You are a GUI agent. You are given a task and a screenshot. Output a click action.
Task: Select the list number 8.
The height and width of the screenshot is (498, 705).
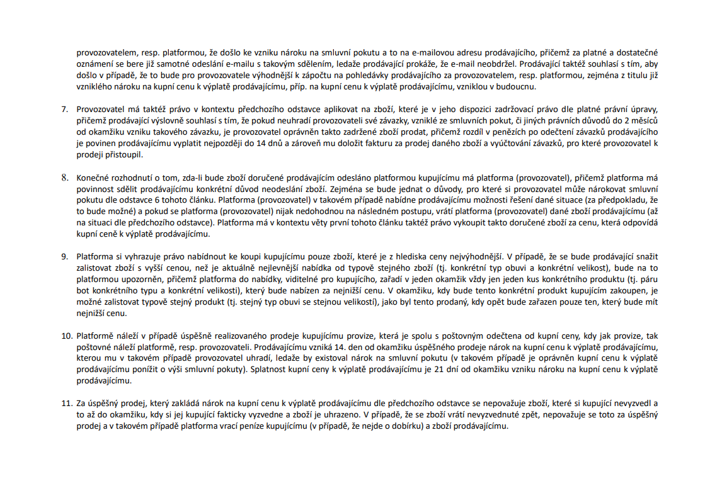pos(64,178)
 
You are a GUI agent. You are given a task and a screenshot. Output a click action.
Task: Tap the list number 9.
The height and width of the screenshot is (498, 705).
pos(64,256)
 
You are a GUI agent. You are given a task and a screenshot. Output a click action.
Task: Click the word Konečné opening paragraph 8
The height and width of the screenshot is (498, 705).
pos(95,178)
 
